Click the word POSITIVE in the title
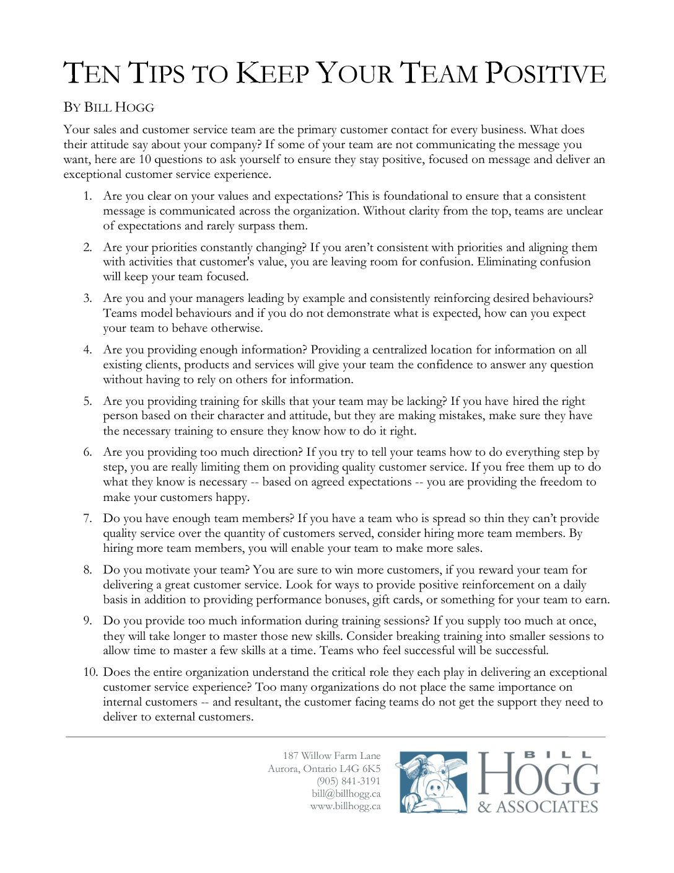(545, 73)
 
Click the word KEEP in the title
(273, 73)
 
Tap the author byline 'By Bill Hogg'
(108, 107)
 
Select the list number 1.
(87, 196)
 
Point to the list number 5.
(87, 401)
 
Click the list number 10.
(90, 672)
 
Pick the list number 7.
(87, 518)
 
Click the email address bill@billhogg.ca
(346, 794)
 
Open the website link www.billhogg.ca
(345, 806)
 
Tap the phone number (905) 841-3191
(348, 781)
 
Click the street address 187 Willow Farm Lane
(331, 756)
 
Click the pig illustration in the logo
(432, 782)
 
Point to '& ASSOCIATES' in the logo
(537, 807)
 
